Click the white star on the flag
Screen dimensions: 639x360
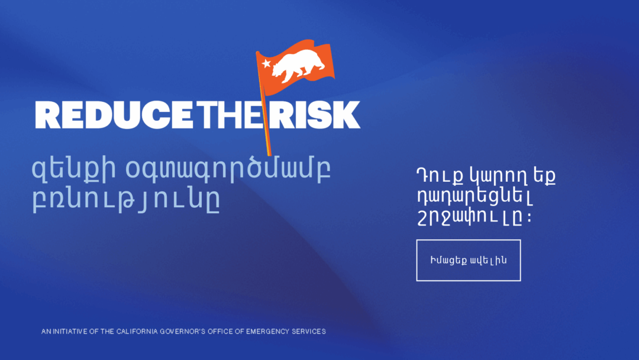[x=266, y=63]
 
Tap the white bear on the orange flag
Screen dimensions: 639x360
[x=298, y=65]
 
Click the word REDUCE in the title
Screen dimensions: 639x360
[x=114, y=115]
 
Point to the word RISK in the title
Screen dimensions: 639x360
[x=315, y=115]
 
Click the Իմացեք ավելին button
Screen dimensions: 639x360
[x=468, y=260]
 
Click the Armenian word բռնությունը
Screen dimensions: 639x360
[x=127, y=200]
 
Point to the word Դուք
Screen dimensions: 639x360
[x=440, y=176]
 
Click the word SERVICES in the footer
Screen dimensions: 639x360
[x=308, y=332]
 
